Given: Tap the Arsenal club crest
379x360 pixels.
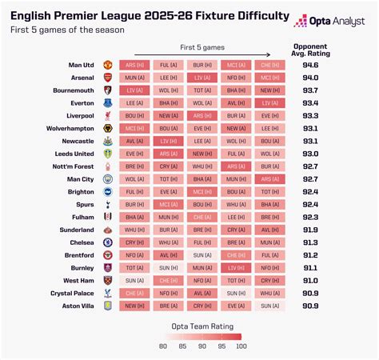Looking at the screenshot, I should point(108,78).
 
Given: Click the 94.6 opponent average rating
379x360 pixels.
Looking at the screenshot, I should point(311,65).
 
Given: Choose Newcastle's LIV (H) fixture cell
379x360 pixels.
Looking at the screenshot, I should point(168,141).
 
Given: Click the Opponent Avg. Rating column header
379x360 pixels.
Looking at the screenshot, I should point(311,49).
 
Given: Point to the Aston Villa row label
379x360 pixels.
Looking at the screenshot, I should point(81,306).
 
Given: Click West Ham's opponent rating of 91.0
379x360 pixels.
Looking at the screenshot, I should point(311,281).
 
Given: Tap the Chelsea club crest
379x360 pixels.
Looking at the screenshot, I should point(108,242).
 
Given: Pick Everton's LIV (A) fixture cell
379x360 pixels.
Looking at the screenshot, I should point(269,103).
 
